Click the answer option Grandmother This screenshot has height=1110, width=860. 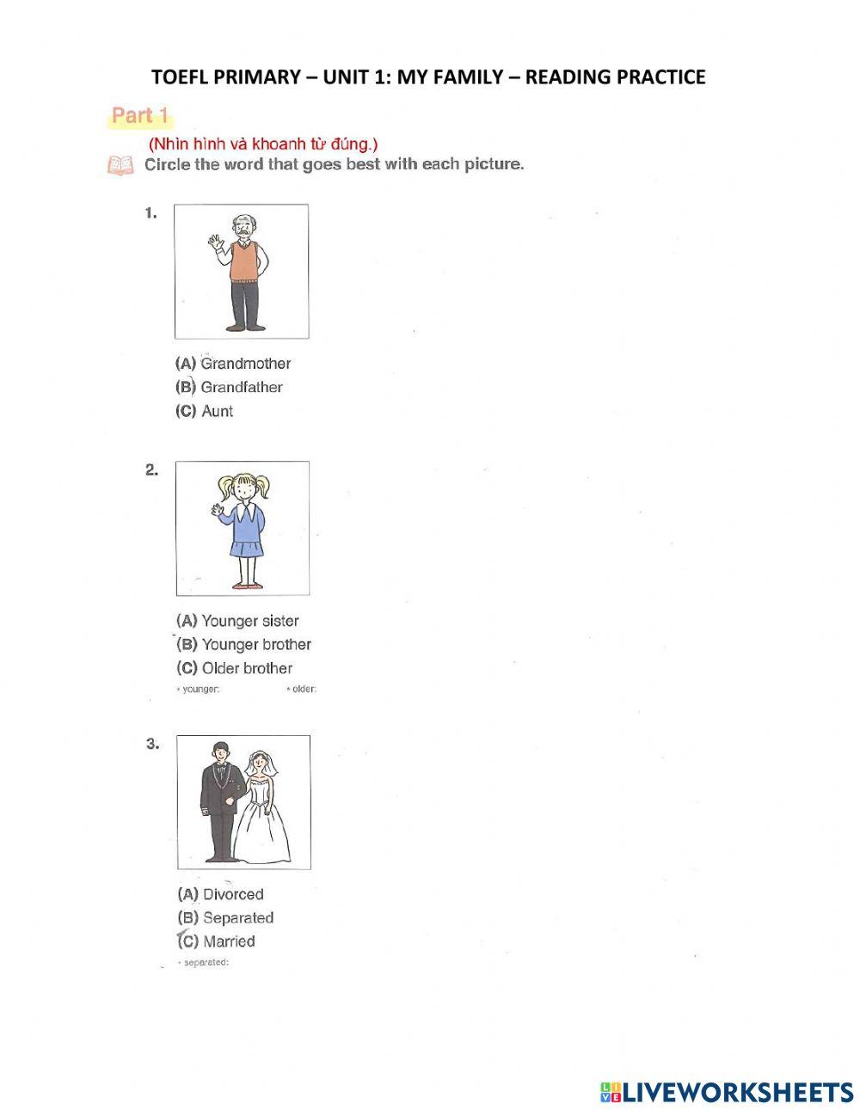(x=245, y=364)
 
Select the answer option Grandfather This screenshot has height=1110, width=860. (x=241, y=387)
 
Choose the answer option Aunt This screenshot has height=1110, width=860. (x=217, y=411)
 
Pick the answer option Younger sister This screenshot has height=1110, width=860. (x=249, y=621)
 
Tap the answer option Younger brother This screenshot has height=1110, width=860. (x=255, y=644)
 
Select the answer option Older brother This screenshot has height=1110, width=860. (x=247, y=668)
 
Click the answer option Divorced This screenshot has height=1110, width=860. (x=232, y=894)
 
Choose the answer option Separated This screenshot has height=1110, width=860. (x=237, y=917)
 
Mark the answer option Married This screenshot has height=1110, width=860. (x=229, y=941)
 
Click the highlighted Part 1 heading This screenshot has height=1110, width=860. (x=140, y=116)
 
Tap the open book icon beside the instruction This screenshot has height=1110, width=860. (x=120, y=165)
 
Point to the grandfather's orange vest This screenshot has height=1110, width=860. (x=244, y=261)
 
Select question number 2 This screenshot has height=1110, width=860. (x=152, y=469)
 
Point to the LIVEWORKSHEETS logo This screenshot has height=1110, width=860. (x=727, y=1092)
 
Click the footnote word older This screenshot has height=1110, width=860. (x=304, y=689)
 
